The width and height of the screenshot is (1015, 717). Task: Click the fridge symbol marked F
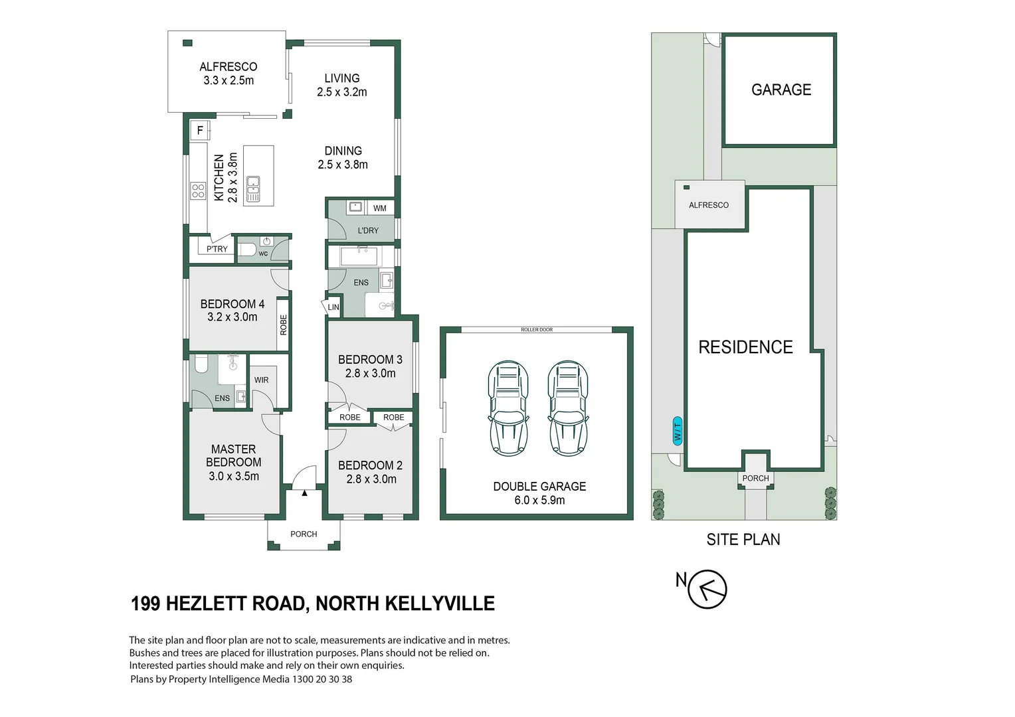tap(200, 130)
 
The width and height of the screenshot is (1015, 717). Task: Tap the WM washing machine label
tap(379, 208)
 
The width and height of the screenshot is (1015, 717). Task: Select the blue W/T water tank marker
tap(678, 431)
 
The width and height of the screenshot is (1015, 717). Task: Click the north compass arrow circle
tap(707, 589)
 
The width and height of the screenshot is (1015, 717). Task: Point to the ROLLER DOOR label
tap(537, 329)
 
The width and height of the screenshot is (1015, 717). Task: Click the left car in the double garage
tap(508, 408)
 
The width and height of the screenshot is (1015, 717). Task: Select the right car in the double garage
tap(568, 408)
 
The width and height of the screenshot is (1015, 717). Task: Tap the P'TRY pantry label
tap(217, 249)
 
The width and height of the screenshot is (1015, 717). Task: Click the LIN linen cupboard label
tap(333, 307)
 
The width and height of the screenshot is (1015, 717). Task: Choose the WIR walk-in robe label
tap(261, 380)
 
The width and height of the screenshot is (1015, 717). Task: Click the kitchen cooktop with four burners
tap(198, 191)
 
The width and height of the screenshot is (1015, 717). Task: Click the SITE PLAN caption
tap(743, 539)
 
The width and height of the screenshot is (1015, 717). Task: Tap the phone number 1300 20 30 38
tap(322, 679)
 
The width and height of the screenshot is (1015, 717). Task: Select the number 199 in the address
tap(145, 603)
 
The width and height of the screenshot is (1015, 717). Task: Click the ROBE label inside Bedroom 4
tap(284, 325)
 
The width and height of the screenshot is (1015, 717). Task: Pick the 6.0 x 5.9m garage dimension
tap(539, 500)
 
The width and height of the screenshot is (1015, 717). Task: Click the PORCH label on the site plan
tap(755, 478)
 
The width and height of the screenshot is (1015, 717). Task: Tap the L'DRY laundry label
tap(367, 230)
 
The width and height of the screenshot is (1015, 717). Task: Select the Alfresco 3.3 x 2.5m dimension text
tap(229, 80)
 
